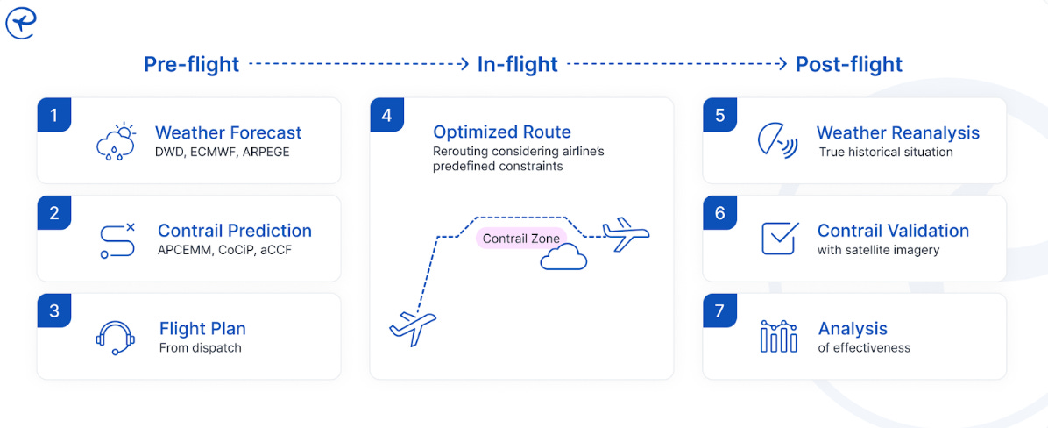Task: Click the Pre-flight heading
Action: (191, 65)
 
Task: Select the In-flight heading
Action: (517, 65)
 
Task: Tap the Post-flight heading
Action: (848, 65)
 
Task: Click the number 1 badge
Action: (53, 115)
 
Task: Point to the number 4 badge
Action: (386, 115)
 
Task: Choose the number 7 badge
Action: (719, 311)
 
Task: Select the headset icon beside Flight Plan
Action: (115, 338)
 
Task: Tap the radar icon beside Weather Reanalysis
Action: (776, 141)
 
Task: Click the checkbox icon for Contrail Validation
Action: (779, 238)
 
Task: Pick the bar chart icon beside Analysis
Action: (779, 336)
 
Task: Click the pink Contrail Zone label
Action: (520, 239)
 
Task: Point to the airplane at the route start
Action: (413, 328)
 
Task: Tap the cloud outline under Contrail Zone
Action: (563, 257)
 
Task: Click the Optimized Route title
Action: (501, 132)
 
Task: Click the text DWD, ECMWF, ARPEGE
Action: (222, 153)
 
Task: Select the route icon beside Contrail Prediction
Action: (117, 240)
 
